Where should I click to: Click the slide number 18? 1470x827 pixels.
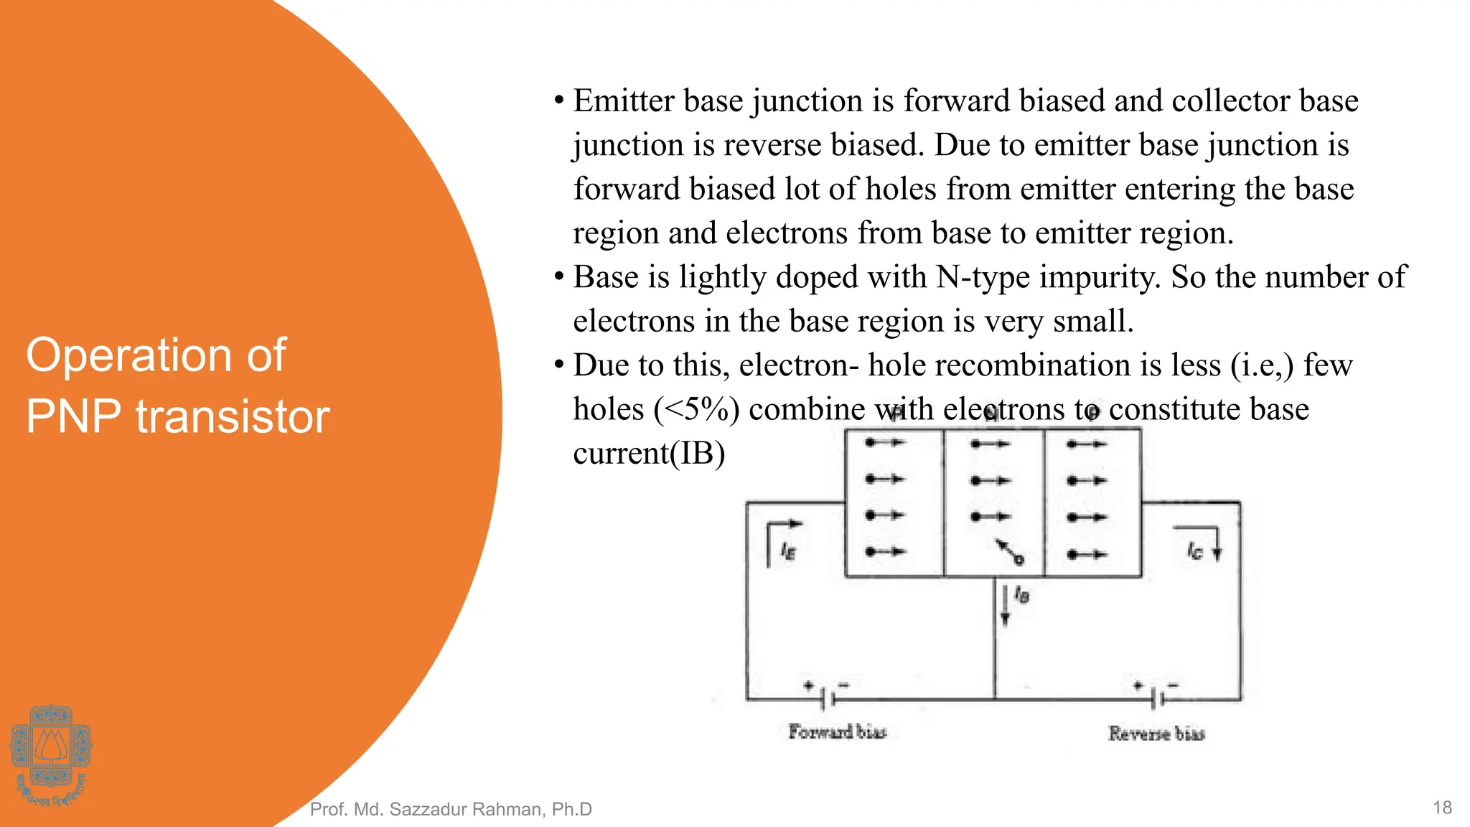(x=1442, y=808)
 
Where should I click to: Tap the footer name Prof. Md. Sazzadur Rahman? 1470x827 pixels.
(x=450, y=809)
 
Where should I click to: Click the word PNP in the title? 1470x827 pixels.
(x=74, y=416)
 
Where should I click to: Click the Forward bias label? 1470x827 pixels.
(x=837, y=732)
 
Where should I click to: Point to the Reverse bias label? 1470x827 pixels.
(x=1156, y=733)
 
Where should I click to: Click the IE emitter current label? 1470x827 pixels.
(x=788, y=551)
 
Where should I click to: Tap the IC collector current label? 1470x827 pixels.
(x=1194, y=551)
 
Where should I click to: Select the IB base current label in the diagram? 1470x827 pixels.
(x=1022, y=595)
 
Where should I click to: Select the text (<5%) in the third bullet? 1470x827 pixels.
(x=696, y=410)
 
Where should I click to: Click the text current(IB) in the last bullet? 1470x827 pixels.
(x=649, y=454)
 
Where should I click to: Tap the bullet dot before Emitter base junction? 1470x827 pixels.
(x=558, y=101)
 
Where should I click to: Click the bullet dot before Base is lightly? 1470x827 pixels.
(x=558, y=277)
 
